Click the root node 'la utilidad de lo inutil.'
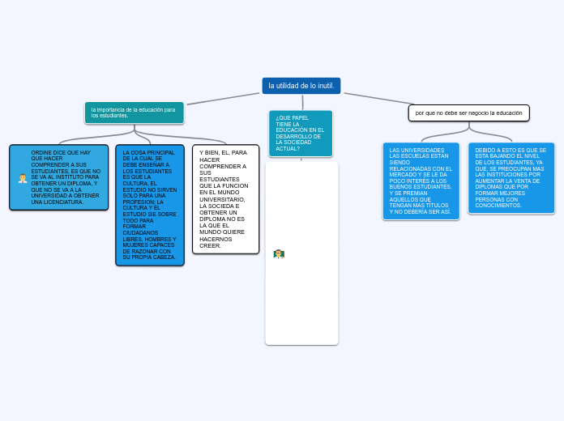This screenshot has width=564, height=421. [x=301, y=85]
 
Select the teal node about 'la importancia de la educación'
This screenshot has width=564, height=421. [x=134, y=113]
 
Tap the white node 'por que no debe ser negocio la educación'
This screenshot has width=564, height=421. [x=468, y=113]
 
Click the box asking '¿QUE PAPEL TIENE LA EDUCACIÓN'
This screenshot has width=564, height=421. [x=300, y=133]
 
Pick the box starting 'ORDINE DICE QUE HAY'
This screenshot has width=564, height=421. [x=58, y=177]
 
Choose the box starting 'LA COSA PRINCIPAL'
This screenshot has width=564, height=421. [x=150, y=205]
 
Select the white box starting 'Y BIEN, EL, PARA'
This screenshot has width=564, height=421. [x=225, y=199]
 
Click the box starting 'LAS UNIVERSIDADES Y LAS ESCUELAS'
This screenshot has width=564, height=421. [x=421, y=181]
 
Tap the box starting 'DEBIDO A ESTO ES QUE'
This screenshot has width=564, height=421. [x=511, y=177]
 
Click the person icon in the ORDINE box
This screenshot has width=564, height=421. [x=23, y=178]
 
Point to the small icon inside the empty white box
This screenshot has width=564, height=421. [x=279, y=253]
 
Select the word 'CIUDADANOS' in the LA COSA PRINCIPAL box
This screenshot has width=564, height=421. [x=141, y=232]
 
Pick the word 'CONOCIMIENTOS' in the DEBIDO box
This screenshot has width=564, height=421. [x=498, y=205]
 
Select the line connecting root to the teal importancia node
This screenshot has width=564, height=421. [x=223, y=99]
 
